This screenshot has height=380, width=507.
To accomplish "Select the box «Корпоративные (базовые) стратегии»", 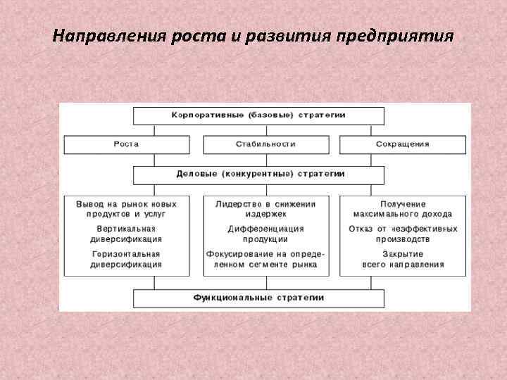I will click(x=259, y=114).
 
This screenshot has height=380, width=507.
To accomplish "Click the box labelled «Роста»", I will click(x=126, y=144).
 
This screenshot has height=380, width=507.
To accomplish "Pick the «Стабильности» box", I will click(x=265, y=144).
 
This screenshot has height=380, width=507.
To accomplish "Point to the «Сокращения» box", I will click(x=403, y=144).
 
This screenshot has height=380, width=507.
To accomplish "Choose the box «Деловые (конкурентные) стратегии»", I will click(x=259, y=172).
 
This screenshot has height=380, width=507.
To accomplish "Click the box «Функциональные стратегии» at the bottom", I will click(x=259, y=298).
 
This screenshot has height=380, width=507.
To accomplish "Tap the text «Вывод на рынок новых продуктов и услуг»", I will click(x=126, y=208).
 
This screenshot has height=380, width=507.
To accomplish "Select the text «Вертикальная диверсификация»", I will click(x=126, y=234).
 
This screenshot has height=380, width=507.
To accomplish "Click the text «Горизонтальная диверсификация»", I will click(x=126, y=259).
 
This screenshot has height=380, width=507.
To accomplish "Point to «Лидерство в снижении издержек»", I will click(x=265, y=208).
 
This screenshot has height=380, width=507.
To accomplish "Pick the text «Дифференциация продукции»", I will click(x=265, y=234).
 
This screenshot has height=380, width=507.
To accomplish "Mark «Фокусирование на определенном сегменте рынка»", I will click(x=265, y=259).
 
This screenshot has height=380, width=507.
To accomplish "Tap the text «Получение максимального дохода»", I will click(x=403, y=208).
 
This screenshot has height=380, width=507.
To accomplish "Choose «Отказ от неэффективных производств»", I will click(x=403, y=234).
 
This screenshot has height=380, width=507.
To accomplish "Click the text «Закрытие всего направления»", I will click(x=403, y=259).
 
